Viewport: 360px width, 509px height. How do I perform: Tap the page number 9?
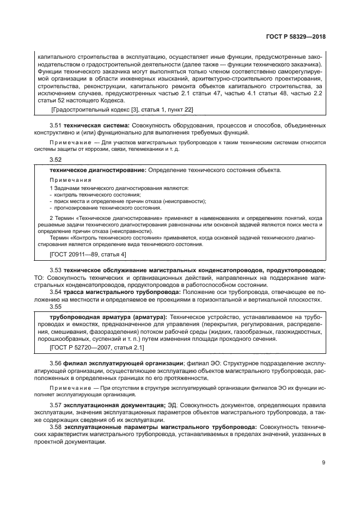[x=324, y=464]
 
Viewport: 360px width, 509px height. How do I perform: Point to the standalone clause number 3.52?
[x=56, y=160]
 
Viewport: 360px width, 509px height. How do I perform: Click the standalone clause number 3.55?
[x=56, y=307]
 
